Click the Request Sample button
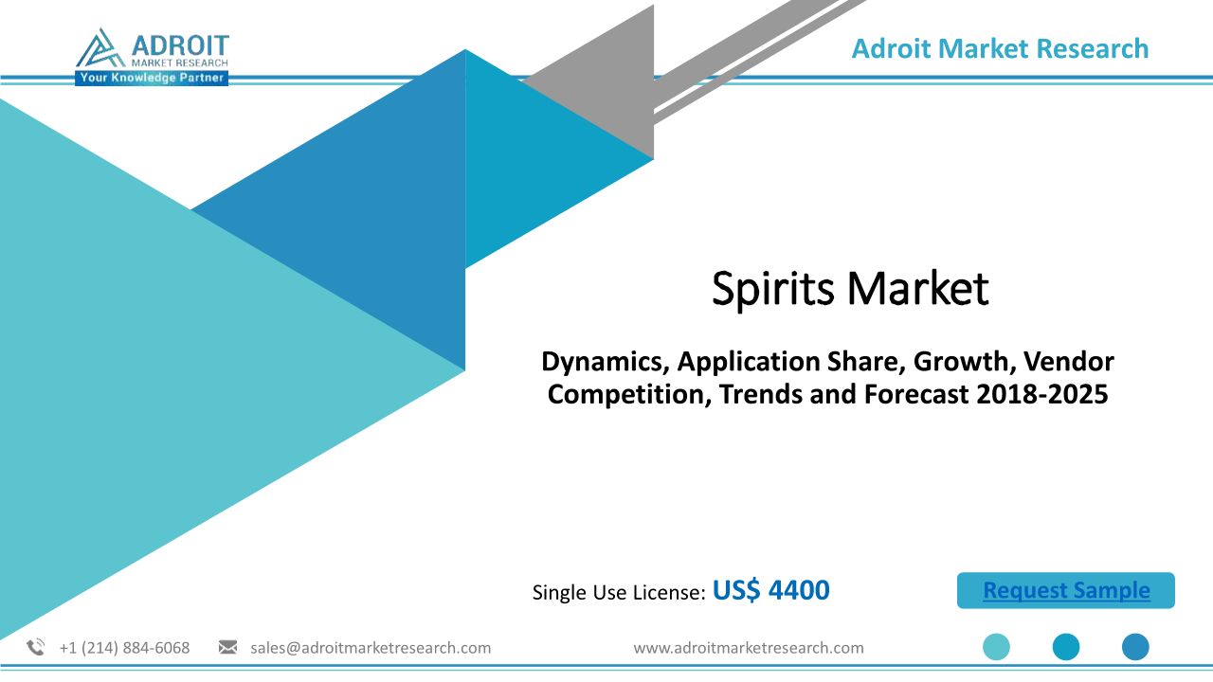click(1066, 590)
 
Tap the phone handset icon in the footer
click(36, 647)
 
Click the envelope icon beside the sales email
click(227, 647)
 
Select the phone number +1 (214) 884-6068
click(124, 648)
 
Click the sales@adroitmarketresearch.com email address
click(371, 648)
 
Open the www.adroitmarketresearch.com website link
click(749, 648)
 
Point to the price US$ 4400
click(770, 590)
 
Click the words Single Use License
click(616, 592)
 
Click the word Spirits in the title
click(772, 290)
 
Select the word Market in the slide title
click(918, 289)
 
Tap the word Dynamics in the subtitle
click(605, 362)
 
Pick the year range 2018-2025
click(1041, 394)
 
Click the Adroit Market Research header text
click(1000, 48)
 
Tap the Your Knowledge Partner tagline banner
click(152, 78)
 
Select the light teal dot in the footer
click(996, 647)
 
